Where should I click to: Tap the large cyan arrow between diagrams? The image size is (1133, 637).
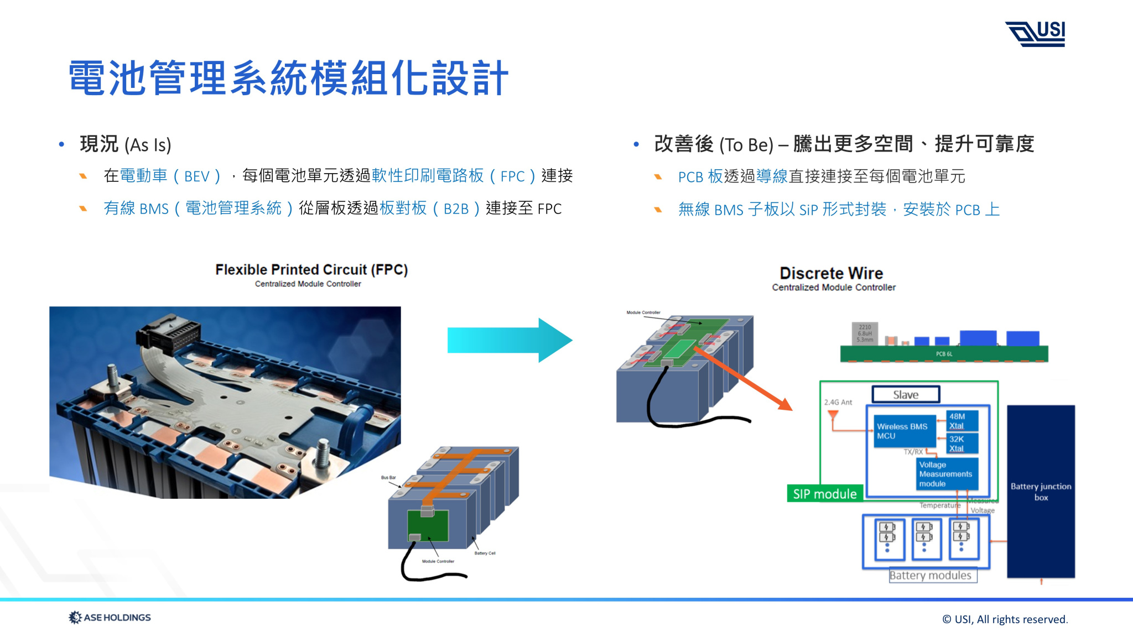pyautogui.click(x=509, y=340)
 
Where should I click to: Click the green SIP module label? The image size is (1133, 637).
pyautogui.click(x=824, y=494)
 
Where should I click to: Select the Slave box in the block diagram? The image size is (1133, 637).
pyautogui.click(x=906, y=395)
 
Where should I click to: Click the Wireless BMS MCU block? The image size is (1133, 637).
pyautogui.click(x=902, y=431)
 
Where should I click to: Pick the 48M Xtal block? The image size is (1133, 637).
pyautogui.click(x=962, y=421)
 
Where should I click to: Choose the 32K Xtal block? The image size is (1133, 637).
pyautogui.click(x=962, y=443)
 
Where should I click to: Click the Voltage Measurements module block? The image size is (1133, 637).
pyautogui.click(x=945, y=474)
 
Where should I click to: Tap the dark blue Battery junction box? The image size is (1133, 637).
pyautogui.click(x=1041, y=491)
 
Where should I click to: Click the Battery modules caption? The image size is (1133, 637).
pyautogui.click(x=930, y=575)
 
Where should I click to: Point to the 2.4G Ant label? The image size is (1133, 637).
pyautogui.click(x=838, y=402)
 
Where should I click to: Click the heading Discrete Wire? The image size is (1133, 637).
pyautogui.click(x=831, y=273)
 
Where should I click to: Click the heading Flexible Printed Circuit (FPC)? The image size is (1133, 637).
pyautogui.click(x=311, y=269)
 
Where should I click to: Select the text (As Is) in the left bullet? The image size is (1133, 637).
pyautogui.click(x=148, y=145)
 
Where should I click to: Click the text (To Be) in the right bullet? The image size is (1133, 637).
pyautogui.click(x=746, y=145)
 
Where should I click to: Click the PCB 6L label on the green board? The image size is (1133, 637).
pyautogui.click(x=944, y=354)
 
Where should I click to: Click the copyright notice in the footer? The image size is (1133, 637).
pyautogui.click(x=1005, y=619)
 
